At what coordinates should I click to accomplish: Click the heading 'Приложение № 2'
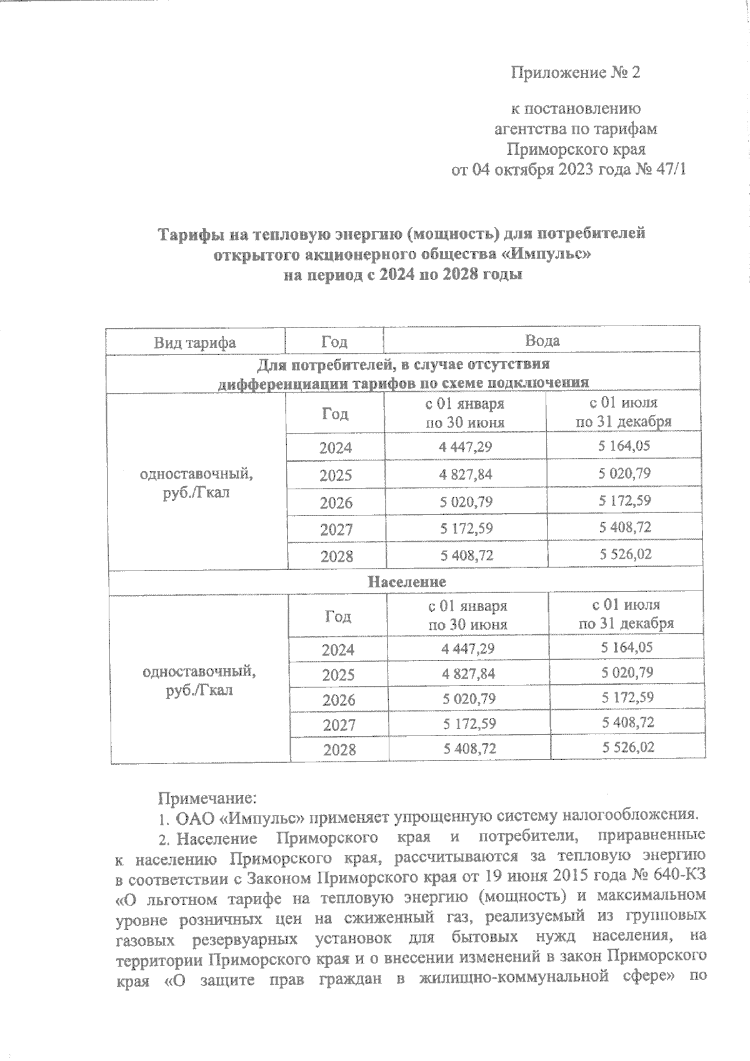(x=576, y=73)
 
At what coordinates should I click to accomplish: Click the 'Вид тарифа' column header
(x=195, y=342)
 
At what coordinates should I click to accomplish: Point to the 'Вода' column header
(x=542, y=341)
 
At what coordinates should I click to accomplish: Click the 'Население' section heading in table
(x=406, y=582)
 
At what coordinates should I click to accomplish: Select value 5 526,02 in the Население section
(x=627, y=747)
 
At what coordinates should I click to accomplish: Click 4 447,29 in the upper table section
(x=465, y=447)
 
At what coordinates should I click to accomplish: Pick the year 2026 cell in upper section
(x=336, y=503)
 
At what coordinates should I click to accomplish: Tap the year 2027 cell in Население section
(x=339, y=725)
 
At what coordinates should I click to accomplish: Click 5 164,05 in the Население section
(x=627, y=647)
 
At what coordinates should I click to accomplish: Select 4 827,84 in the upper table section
(x=465, y=474)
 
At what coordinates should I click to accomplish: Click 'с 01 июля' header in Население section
(x=626, y=605)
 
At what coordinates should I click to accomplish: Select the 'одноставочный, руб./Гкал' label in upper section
(x=196, y=482)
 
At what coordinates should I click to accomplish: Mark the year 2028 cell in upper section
(x=336, y=556)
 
